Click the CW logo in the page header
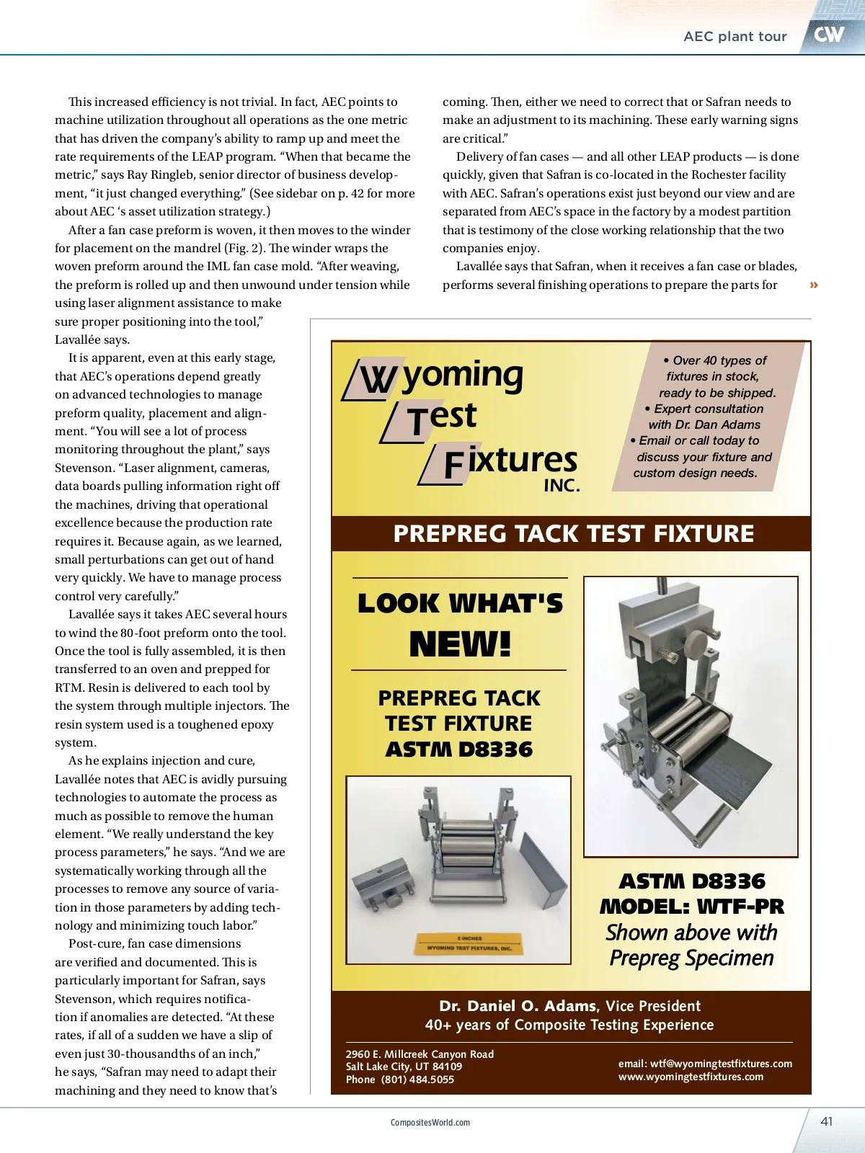pyautogui.click(x=829, y=34)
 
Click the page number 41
pyautogui.click(x=827, y=1121)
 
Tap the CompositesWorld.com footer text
pyautogui.click(x=430, y=1123)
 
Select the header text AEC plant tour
pyautogui.click(x=735, y=37)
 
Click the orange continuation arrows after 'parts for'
pyautogui.click(x=814, y=285)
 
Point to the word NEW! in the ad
pyautogui.click(x=460, y=644)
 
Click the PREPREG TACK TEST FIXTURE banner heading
pyautogui.click(x=573, y=534)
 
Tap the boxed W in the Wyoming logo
pyautogui.click(x=377, y=379)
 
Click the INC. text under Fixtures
pyautogui.click(x=562, y=486)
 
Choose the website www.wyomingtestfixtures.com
pyautogui.click(x=691, y=1077)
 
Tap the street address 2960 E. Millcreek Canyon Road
pyautogui.click(x=420, y=1054)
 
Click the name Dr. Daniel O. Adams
pyautogui.click(x=518, y=1006)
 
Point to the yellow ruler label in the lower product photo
pyautogui.click(x=469, y=944)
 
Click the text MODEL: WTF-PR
pyautogui.click(x=691, y=907)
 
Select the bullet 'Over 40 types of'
pyautogui.click(x=714, y=360)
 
